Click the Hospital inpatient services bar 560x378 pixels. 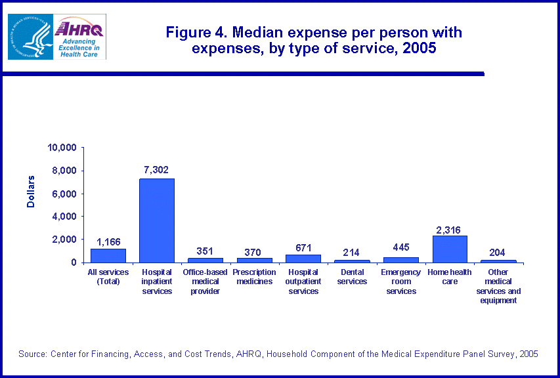pos(157,220)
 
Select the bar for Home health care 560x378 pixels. pos(450,249)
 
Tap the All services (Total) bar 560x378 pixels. pos(108,255)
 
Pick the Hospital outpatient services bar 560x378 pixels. pos(303,258)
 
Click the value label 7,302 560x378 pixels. pos(156,170)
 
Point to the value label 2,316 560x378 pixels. pos(450,229)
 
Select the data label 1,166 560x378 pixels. pos(108,241)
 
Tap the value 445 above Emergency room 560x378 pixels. pos(400,247)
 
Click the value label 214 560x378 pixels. pos(352,252)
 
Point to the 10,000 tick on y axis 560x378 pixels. pos(62,148)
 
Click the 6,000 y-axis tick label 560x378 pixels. pos(64,194)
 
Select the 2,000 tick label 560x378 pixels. pos(64,240)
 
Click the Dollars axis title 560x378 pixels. pos(31,192)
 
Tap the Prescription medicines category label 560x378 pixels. pos(254,277)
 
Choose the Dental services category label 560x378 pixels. pos(352,277)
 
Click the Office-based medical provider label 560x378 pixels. pos(205,282)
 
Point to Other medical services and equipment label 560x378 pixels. pos(498,286)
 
